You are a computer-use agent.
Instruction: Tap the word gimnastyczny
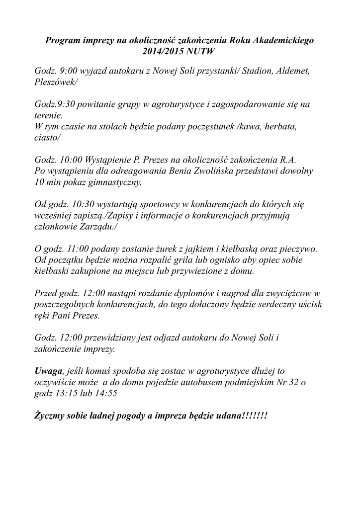point(112,182)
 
